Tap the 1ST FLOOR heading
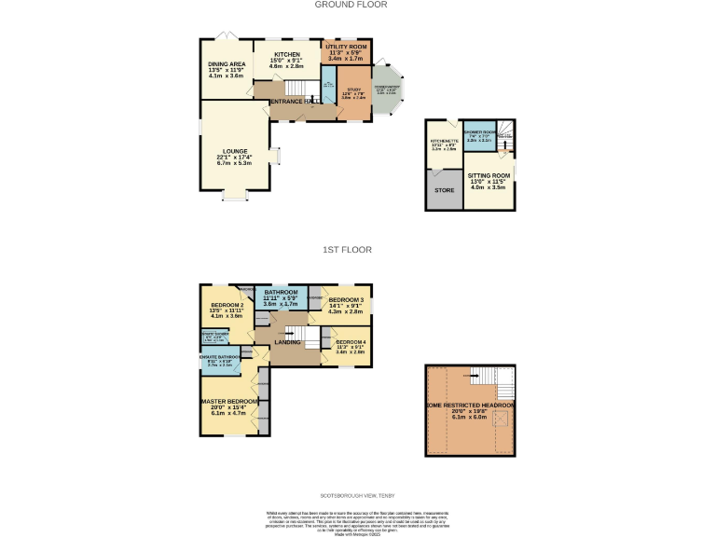click(x=347, y=250)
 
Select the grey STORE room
click(x=444, y=190)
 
